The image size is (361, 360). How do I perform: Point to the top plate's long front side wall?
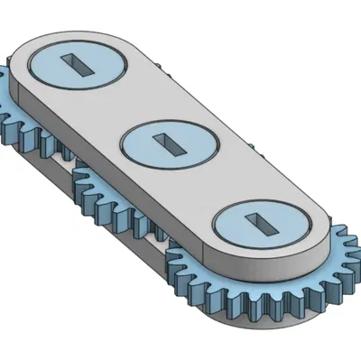pos(135,194)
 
